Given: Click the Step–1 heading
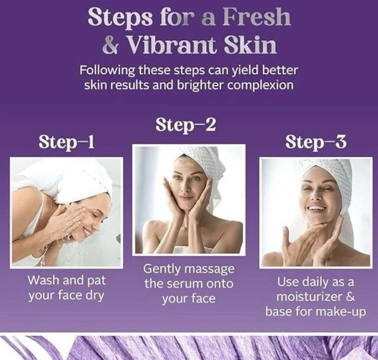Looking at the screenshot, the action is point(66,142).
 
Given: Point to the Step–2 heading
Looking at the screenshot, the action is point(185,125).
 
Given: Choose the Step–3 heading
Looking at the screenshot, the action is point(316,142).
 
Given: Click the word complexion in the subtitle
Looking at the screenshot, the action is point(260,86).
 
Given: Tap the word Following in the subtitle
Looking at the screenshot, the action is point(107,71).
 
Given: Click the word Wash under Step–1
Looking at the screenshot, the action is point(43,280).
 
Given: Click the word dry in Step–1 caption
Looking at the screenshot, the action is point(94,296).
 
